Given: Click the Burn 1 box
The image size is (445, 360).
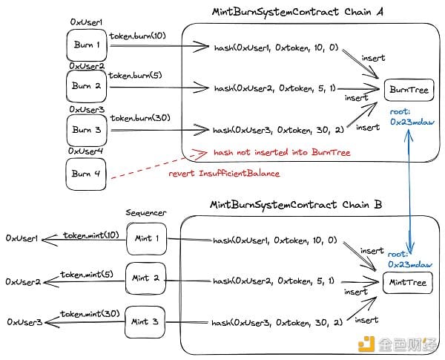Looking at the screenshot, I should tap(87, 45).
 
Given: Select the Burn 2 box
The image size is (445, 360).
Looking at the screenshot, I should tap(87, 87).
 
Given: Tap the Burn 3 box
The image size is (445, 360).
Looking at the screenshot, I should tap(87, 130).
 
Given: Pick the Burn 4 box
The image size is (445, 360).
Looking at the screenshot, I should tap(87, 174).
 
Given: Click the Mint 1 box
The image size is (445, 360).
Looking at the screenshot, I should tap(145, 239).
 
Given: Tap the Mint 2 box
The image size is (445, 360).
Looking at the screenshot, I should tap(145, 280).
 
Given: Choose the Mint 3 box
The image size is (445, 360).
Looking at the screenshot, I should tap(145, 321).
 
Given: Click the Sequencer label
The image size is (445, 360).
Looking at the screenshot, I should tap(145, 213).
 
